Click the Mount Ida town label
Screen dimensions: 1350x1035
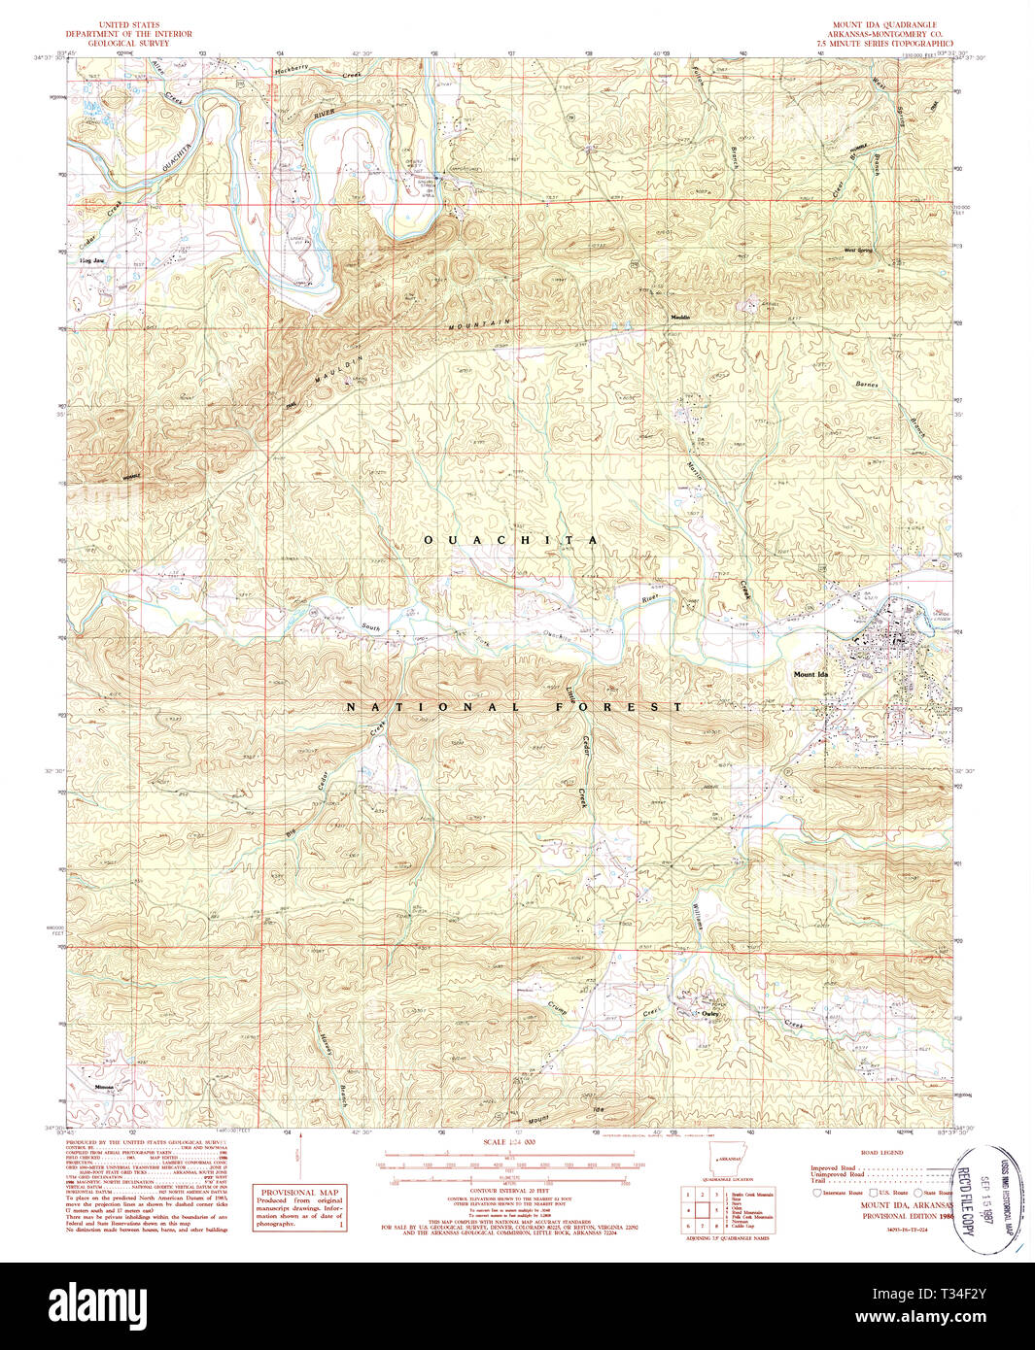pyautogui.click(x=811, y=674)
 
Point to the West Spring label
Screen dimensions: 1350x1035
pyautogui.click(x=858, y=251)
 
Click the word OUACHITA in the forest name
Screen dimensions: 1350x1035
pyautogui.click(x=510, y=539)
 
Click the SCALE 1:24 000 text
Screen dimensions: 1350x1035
pyautogui.click(x=510, y=1142)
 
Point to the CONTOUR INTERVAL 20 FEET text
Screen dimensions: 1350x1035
pyautogui.click(x=511, y=1194)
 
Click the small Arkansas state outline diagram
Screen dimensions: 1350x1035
pyautogui.click(x=724, y=1162)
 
